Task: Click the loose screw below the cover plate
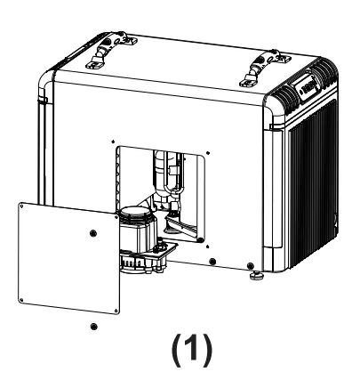[94, 327]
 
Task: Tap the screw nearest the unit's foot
[249, 265]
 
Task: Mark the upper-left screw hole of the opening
[115, 140]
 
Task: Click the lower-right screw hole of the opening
[212, 261]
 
